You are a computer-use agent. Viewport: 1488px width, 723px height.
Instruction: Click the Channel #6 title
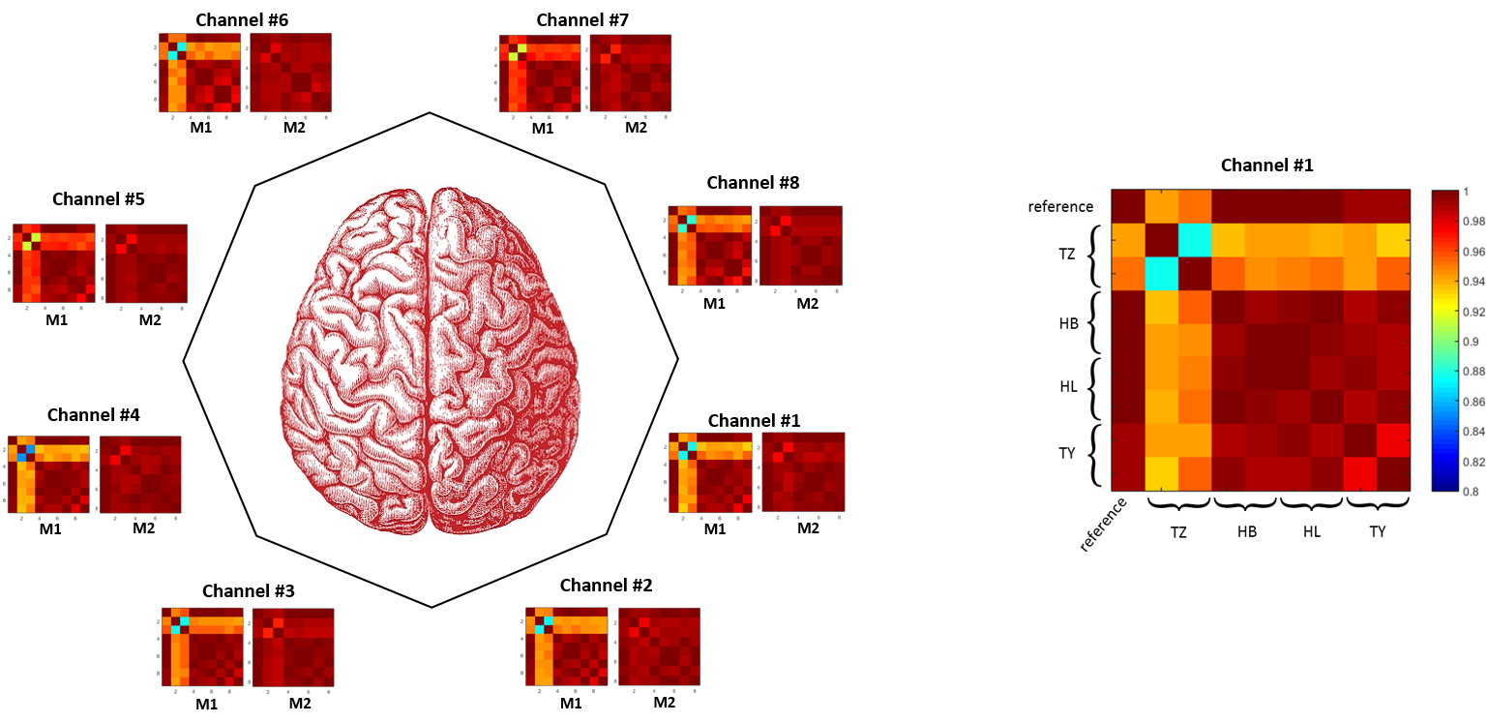pos(242,19)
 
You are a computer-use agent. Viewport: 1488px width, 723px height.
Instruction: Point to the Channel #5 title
pos(99,199)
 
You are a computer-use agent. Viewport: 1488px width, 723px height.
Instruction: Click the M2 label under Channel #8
pos(807,303)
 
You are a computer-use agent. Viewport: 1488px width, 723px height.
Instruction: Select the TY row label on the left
pos(1067,452)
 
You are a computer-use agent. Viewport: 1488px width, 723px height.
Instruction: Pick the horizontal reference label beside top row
pos(1060,206)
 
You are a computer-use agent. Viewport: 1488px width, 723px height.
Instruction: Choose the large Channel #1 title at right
pos(1266,166)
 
